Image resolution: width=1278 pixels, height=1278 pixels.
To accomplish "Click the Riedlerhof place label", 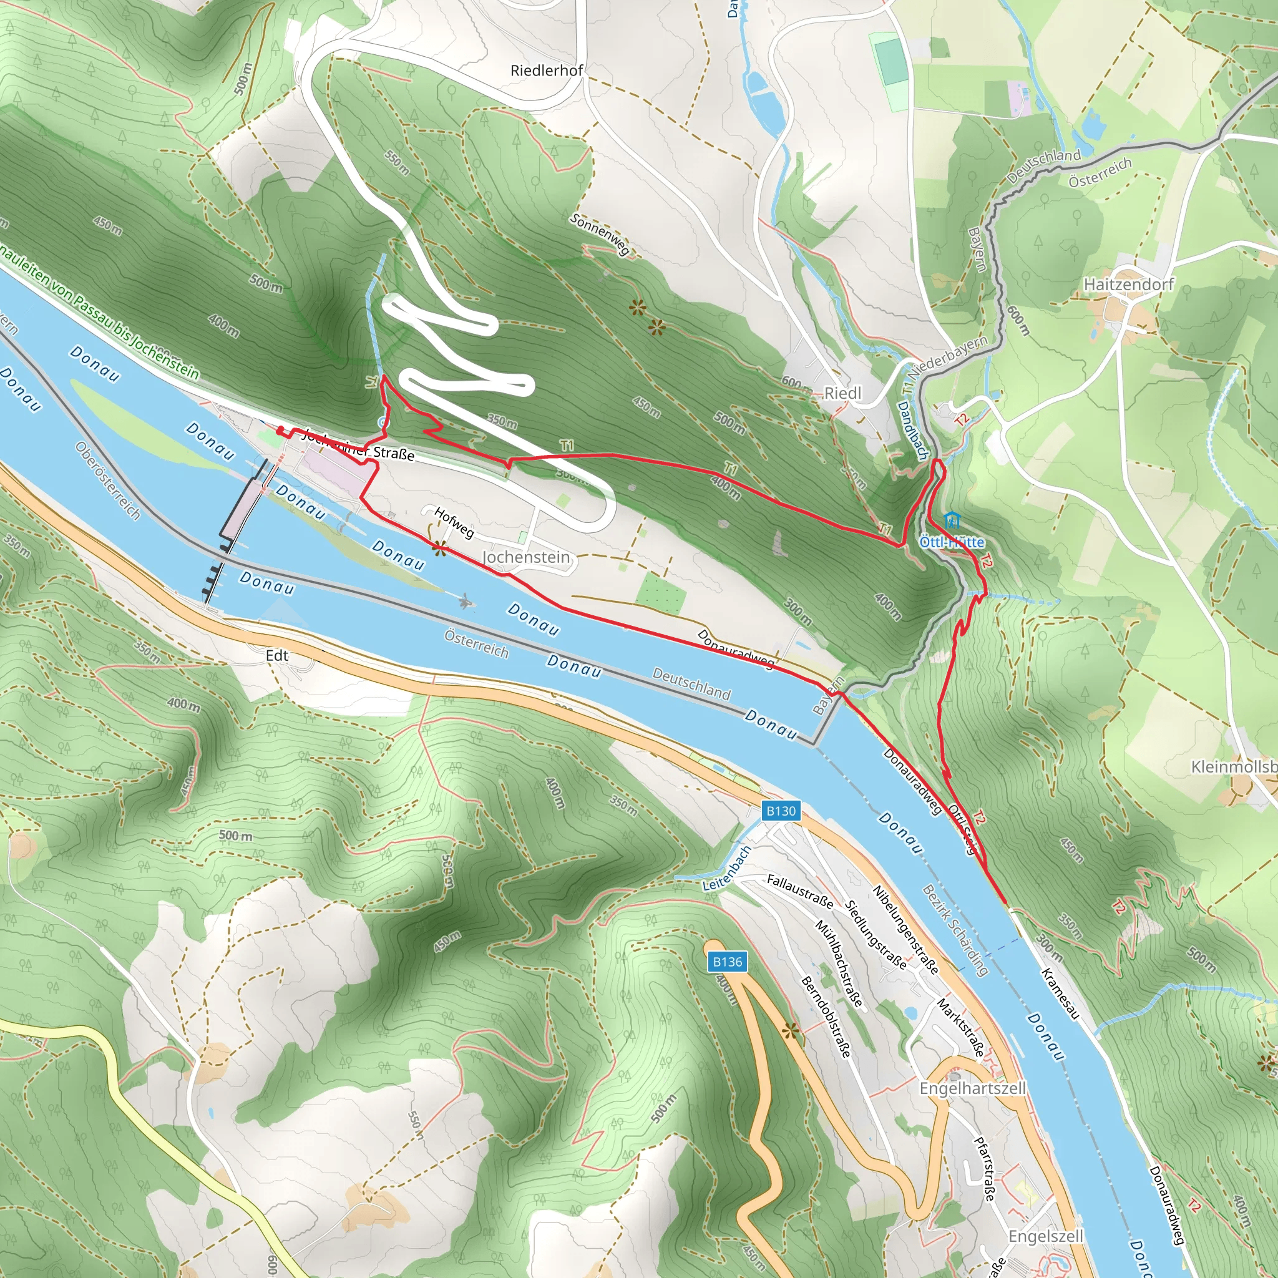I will [x=547, y=70].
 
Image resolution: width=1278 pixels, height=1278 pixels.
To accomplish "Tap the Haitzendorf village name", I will [x=1128, y=284].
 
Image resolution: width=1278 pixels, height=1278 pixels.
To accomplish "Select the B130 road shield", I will [x=781, y=811].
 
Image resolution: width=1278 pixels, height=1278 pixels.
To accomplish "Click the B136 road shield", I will [x=728, y=962].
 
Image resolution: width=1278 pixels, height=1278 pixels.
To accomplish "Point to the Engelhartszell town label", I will [x=972, y=1088].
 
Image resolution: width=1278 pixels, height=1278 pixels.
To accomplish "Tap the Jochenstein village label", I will [x=526, y=557].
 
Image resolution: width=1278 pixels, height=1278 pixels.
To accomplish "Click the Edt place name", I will [x=277, y=656].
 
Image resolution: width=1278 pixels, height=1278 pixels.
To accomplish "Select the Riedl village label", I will [x=842, y=393].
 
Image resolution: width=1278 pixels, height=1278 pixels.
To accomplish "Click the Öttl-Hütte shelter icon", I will [x=952, y=520].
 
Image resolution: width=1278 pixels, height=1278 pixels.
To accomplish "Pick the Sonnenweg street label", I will [x=600, y=235].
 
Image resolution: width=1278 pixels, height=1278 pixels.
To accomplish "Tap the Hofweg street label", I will [x=454, y=522].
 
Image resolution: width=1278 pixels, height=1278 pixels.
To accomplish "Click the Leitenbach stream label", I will [x=727, y=869].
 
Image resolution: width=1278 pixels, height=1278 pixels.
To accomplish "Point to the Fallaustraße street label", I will [x=800, y=890].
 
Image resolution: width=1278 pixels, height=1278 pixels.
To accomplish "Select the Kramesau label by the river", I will [x=1060, y=993].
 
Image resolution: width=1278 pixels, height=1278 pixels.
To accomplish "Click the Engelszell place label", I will [x=1045, y=1236].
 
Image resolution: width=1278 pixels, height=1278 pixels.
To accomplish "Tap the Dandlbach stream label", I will [x=914, y=431].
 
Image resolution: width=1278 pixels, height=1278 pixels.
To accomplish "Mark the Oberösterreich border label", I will [x=108, y=480].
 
